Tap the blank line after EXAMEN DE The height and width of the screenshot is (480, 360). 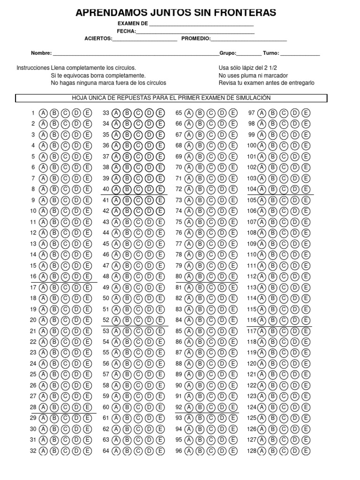pyautogui.click(x=202, y=24)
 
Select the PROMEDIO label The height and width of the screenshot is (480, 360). pyautogui.click(x=196, y=39)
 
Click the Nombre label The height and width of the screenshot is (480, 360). pyautogui.click(x=41, y=53)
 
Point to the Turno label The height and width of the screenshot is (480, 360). pyautogui.click(x=271, y=53)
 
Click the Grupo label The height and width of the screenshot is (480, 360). pyautogui.click(x=228, y=53)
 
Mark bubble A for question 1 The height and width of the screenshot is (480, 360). pyautogui.click(x=43, y=113)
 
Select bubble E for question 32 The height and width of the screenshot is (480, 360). pyautogui.click(x=88, y=451)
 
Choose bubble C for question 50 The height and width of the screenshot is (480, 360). pyautogui.click(x=138, y=298)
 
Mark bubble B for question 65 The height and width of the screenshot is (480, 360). pyautogui.click(x=200, y=113)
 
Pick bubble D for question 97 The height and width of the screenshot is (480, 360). pyautogui.click(x=295, y=113)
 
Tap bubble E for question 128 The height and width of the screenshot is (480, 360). pyautogui.click(x=306, y=451)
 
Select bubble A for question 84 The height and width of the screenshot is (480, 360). pyautogui.click(x=189, y=320)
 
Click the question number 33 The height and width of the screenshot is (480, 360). pyautogui.click(x=105, y=113)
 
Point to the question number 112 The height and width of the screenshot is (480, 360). pyautogui.click(x=252, y=277)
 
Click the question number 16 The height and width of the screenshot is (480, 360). pyautogui.click(x=33, y=277)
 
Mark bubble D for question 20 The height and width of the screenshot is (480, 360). pyautogui.click(x=76, y=320)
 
